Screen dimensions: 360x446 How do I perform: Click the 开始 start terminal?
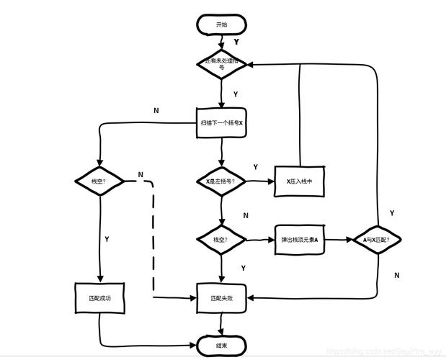click(x=221, y=24)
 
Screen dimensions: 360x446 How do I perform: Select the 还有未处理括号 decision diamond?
click(x=221, y=63)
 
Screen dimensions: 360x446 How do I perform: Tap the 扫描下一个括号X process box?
click(x=221, y=122)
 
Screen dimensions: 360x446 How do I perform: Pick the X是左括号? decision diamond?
click(x=221, y=181)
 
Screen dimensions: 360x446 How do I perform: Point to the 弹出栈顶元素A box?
click(x=300, y=239)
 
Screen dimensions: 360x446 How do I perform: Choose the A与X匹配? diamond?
click(x=377, y=239)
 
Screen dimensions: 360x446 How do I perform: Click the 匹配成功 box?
click(x=100, y=297)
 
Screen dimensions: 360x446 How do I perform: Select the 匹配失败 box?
click(x=221, y=297)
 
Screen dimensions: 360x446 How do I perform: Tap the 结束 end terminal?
click(x=221, y=345)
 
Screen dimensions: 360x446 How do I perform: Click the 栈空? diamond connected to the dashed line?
click(x=99, y=181)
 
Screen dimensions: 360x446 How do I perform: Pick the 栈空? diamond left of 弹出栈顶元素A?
click(x=221, y=239)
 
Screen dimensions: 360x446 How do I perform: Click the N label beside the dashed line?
click(x=141, y=175)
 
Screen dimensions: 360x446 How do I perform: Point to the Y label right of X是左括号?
click(x=255, y=167)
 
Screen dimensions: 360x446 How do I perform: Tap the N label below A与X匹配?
click(x=397, y=275)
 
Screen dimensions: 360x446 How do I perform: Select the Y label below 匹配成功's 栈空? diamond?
click(x=107, y=238)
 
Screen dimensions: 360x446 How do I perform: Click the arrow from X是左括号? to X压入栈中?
click(x=260, y=181)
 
